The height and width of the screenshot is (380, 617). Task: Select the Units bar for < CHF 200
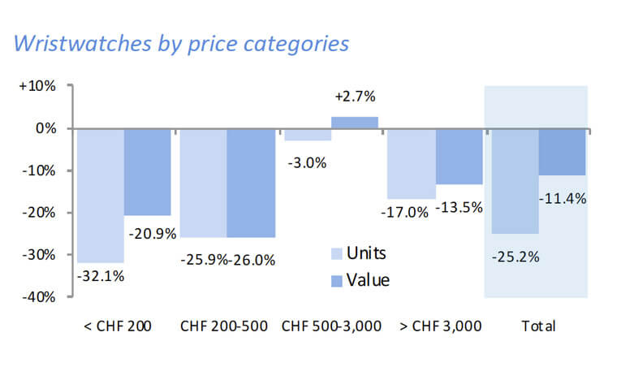(x=101, y=195)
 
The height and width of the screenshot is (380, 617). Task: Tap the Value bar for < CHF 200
(x=147, y=171)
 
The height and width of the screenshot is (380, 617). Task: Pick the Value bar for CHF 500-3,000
(x=354, y=123)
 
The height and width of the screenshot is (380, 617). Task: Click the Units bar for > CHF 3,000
(x=411, y=163)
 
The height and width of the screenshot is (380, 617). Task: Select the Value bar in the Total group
(x=562, y=152)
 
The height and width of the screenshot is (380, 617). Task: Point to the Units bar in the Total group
(x=515, y=180)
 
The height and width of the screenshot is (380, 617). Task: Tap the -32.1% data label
(x=101, y=275)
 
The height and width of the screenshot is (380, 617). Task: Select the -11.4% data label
(x=562, y=198)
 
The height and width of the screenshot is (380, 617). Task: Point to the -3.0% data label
(x=307, y=162)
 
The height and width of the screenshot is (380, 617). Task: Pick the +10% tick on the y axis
(x=37, y=86)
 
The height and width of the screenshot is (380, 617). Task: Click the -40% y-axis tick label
(x=37, y=297)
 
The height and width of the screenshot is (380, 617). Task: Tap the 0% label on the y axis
(x=45, y=128)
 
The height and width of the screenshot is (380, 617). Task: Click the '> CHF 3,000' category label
(x=441, y=326)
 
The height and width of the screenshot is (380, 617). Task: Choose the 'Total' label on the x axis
(x=538, y=326)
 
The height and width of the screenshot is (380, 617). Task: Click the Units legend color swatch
(x=337, y=253)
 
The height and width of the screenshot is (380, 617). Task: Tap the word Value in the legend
(x=368, y=280)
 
